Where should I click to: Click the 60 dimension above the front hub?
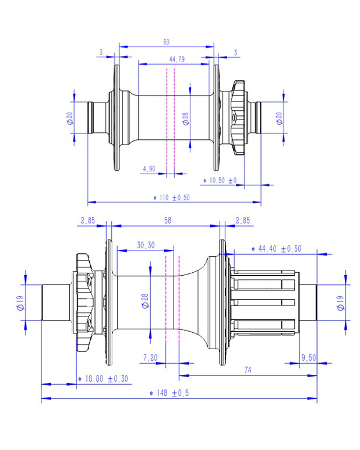(166, 42)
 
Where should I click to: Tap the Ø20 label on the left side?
(69, 119)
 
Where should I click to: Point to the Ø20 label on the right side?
(279, 118)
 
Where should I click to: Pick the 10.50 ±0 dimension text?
(220, 181)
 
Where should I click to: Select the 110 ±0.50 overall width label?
(171, 198)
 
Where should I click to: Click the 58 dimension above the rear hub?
(168, 220)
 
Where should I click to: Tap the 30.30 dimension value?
(145, 245)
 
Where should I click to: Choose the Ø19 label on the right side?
(339, 302)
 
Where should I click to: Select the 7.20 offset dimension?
(149, 357)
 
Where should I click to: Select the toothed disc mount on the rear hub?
(84, 302)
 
